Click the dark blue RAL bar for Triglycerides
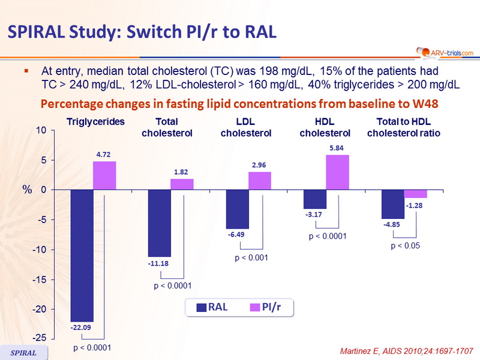pyautogui.click(x=82, y=255)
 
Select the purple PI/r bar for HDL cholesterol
pyautogui.click(x=337, y=172)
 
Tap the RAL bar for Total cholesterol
pyautogui.click(x=159, y=223)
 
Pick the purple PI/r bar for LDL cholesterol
pyautogui.click(x=259, y=181)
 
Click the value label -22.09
pyautogui.click(x=82, y=328)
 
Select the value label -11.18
pyautogui.click(x=159, y=263)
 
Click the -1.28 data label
pyautogui.click(x=415, y=206)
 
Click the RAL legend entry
pyautogui.click(x=212, y=307)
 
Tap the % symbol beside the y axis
pyautogui.click(x=27, y=189)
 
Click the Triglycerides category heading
pyautogui.click(x=95, y=122)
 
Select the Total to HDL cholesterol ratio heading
pyautogui.click(x=404, y=127)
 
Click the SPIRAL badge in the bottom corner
pyautogui.click(x=24, y=353)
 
